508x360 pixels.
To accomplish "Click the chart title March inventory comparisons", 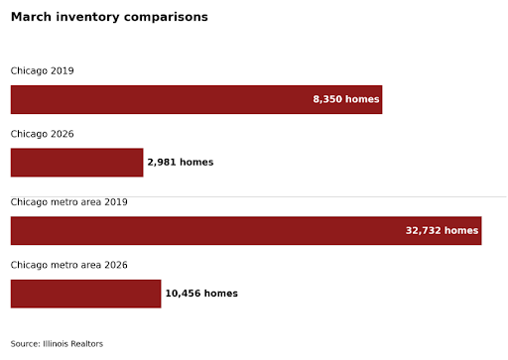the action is [x=109, y=17].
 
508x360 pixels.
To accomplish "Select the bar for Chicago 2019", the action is [x=196, y=99].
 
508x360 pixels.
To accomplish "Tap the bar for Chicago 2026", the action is [x=76, y=163].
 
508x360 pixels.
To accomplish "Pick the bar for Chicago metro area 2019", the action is [x=246, y=231].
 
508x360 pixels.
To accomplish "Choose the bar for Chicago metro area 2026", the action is [x=85, y=294].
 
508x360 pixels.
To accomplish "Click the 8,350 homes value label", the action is [x=346, y=99].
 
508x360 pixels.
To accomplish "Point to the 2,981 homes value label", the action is [x=181, y=162].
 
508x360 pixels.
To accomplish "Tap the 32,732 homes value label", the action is [x=442, y=230].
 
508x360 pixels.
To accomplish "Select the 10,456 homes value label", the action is [x=201, y=294].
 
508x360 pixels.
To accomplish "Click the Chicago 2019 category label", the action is [x=43, y=70].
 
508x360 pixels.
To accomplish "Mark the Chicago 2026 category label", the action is [x=43, y=134].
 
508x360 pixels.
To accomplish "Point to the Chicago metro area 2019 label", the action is [x=69, y=202].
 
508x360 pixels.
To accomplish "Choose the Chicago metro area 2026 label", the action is [x=69, y=265].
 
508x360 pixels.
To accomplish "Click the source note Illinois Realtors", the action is [x=57, y=344].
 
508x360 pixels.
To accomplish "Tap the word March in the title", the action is [x=31, y=17].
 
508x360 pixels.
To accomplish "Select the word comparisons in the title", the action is [x=166, y=18].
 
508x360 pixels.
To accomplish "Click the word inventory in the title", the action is [x=87, y=18].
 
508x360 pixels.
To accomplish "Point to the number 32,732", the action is [x=424, y=230].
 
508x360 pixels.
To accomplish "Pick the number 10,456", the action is [x=183, y=294].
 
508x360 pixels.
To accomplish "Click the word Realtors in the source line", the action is [x=86, y=344].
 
